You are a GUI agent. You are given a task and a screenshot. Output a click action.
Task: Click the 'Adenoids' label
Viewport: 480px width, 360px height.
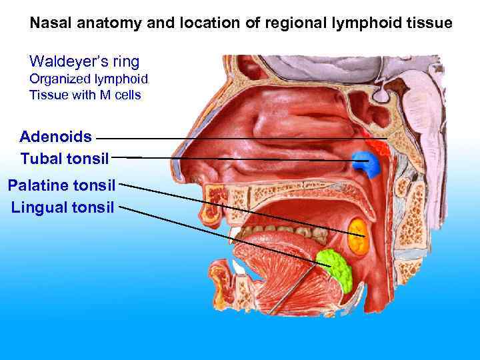pyautogui.click(x=56, y=137)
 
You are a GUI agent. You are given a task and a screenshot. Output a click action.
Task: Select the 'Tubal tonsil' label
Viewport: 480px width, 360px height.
pyautogui.click(x=64, y=159)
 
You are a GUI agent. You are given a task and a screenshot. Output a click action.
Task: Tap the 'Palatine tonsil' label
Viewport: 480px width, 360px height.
pyautogui.click(x=61, y=184)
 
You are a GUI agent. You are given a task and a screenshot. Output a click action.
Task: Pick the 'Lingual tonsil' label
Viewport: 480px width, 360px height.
pyautogui.click(x=63, y=207)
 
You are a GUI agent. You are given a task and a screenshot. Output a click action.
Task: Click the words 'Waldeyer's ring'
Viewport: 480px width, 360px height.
pyautogui.click(x=84, y=62)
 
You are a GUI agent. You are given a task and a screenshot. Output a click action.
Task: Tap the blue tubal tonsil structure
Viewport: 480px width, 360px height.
pyautogui.click(x=364, y=163)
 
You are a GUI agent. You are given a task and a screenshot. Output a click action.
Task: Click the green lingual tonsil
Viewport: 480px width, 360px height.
pyautogui.click(x=335, y=268)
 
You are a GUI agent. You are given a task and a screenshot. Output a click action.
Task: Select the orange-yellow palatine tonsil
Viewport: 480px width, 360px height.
pyautogui.click(x=359, y=235)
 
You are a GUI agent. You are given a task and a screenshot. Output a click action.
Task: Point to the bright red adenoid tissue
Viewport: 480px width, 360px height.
pyautogui.click(x=379, y=145)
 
